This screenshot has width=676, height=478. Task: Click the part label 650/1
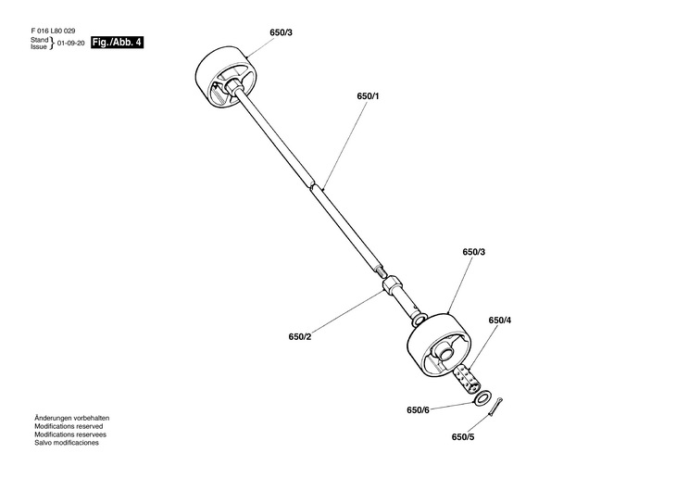(x=368, y=95)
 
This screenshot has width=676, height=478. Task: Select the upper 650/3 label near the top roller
(x=282, y=33)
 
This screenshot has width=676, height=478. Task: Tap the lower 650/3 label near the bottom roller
(x=473, y=252)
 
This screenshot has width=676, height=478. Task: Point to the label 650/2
(x=300, y=336)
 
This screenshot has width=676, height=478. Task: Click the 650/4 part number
(x=499, y=321)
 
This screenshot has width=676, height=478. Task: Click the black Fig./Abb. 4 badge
(x=118, y=43)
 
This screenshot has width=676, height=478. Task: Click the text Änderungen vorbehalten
(x=72, y=419)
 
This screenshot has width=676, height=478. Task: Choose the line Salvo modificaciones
(x=67, y=443)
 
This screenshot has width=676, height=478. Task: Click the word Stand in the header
(x=38, y=41)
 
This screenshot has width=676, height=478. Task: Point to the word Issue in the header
(x=38, y=47)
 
